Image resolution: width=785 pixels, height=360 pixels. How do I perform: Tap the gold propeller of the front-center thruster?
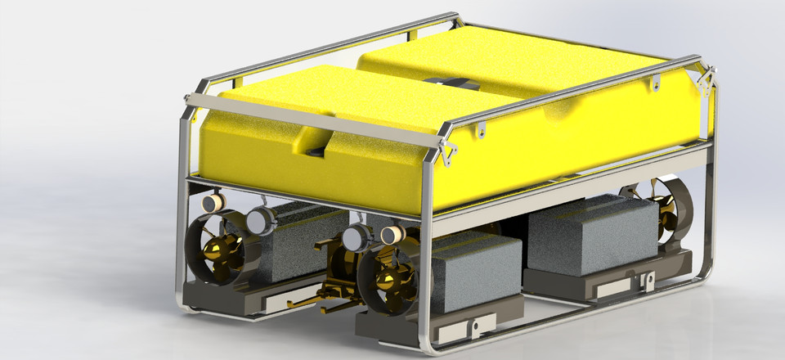(x=384, y=282)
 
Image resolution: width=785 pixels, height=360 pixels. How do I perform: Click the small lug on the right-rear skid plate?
(x=648, y=281)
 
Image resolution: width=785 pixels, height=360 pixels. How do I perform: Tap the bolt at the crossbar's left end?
(x=190, y=99)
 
